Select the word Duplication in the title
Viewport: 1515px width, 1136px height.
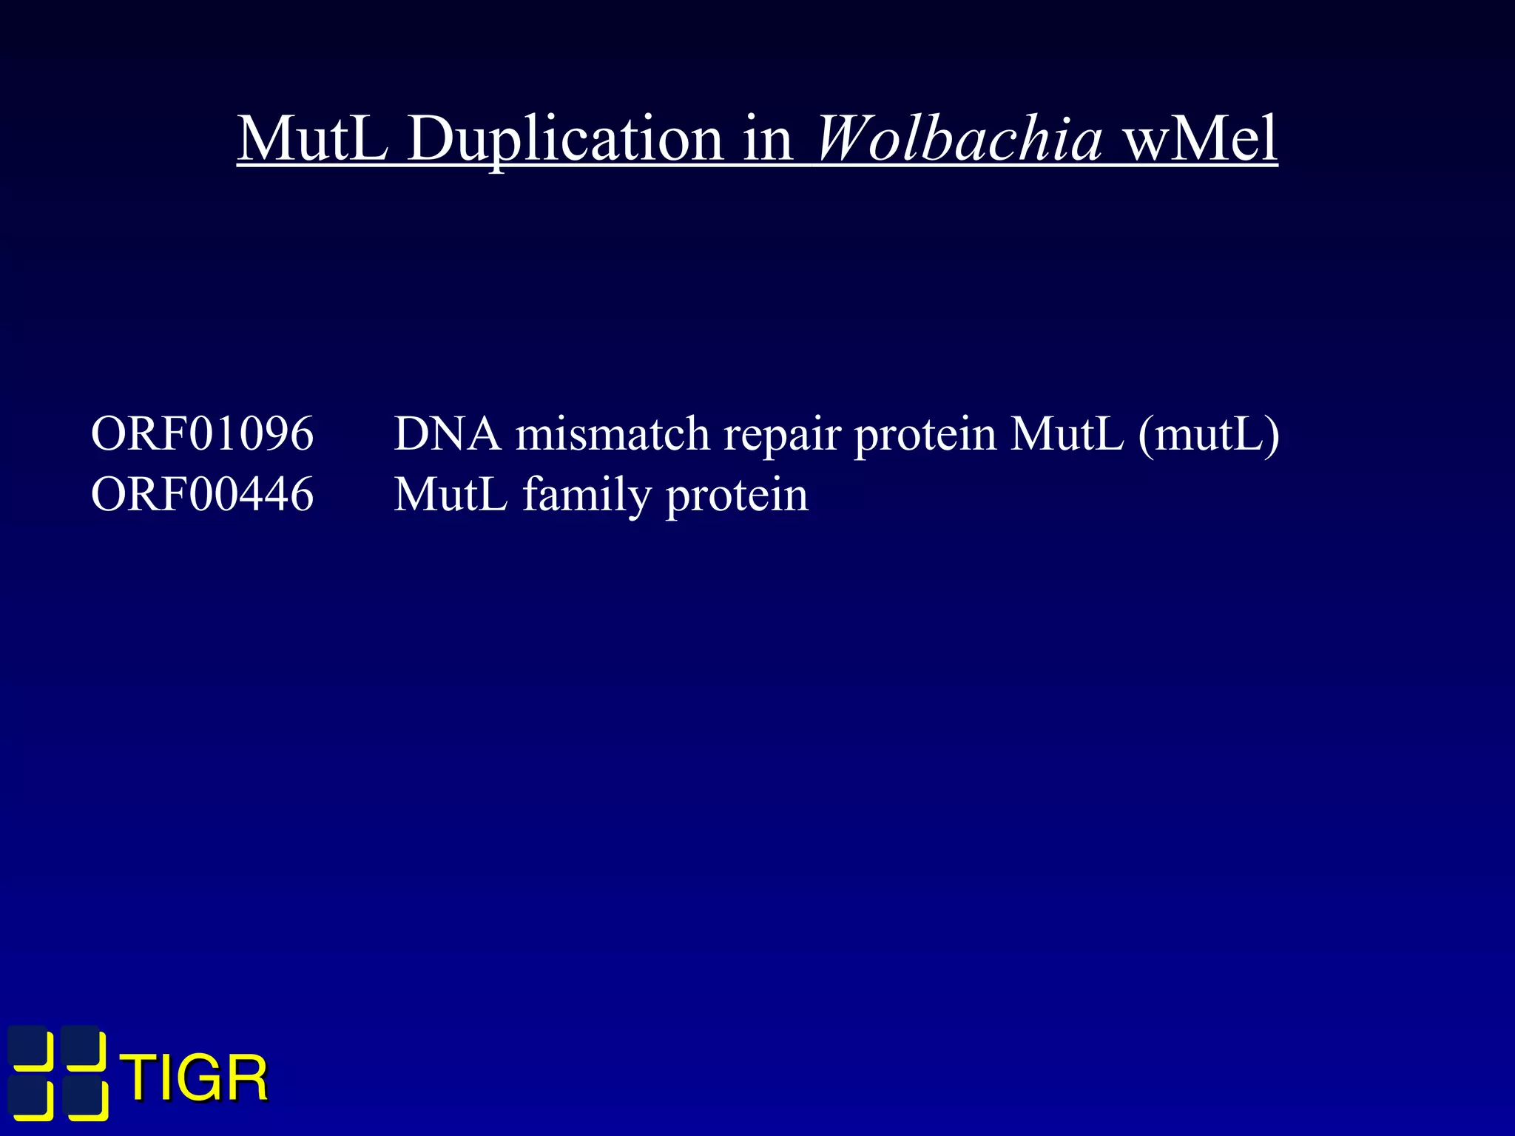pyautogui.click(x=564, y=141)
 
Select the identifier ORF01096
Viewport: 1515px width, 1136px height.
pyautogui.click(x=202, y=433)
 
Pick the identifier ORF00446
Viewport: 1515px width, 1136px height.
pyautogui.click(x=202, y=494)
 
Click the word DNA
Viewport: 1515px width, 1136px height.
pyautogui.click(x=447, y=433)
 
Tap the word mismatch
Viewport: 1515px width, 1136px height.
pyautogui.click(x=613, y=433)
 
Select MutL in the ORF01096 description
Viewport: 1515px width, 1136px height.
pyautogui.click(x=1067, y=433)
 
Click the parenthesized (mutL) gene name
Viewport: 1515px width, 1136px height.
pyautogui.click(x=1209, y=435)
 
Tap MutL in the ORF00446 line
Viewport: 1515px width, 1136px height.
pyautogui.click(x=451, y=494)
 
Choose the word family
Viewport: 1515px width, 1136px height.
pyautogui.click(x=587, y=496)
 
